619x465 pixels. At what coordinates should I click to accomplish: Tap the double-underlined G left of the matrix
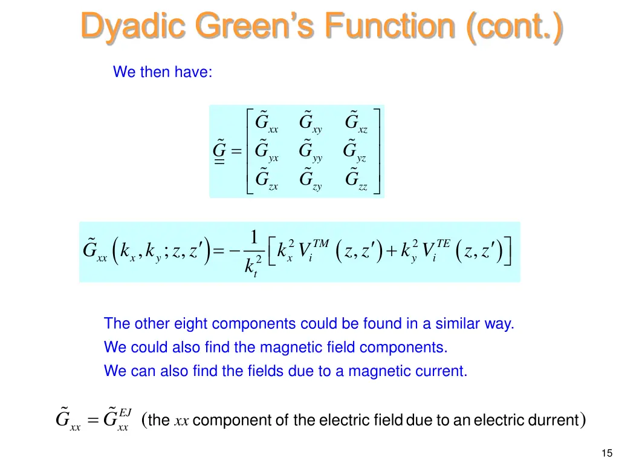219,151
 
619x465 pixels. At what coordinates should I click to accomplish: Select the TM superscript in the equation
320,243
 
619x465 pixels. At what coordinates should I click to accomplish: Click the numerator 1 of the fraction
254,237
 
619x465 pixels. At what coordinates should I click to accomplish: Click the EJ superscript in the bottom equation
125,412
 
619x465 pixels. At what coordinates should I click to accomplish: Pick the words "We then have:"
163,72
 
